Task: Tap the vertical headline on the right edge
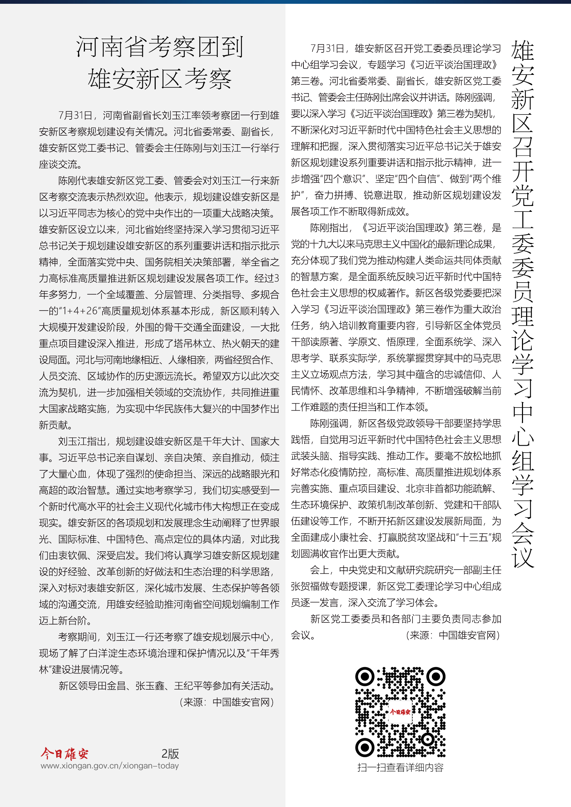(522, 302)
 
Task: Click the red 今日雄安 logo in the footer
(64, 754)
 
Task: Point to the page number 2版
(170, 754)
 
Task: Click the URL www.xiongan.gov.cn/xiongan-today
(110, 766)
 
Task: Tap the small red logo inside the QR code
(400, 712)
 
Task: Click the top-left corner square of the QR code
(365, 676)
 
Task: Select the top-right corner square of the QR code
(436, 676)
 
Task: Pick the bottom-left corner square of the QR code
(365, 747)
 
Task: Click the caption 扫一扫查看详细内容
(400, 767)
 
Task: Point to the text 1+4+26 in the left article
(80, 311)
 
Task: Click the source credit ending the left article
(227, 702)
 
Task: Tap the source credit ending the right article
(454, 635)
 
